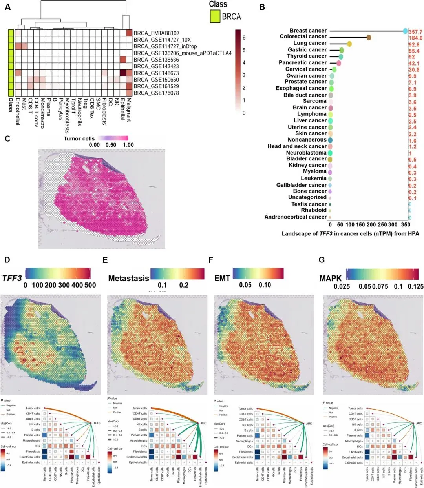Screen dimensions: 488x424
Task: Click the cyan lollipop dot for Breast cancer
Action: (405, 31)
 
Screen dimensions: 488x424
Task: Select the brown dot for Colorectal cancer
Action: (369, 37)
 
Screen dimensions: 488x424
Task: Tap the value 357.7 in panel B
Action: (415, 32)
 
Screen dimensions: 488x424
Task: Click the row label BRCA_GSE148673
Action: (156, 73)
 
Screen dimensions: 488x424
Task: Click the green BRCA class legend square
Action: (214, 16)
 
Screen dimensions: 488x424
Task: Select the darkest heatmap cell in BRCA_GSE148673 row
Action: (122, 73)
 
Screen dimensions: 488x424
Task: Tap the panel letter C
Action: (7, 138)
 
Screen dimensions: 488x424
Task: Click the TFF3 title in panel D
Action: (12, 279)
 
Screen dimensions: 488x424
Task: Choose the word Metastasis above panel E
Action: (128, 278)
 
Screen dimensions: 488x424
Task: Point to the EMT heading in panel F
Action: (222, 279)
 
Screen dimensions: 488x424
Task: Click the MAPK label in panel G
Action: (331, 279)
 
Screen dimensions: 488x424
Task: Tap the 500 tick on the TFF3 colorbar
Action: (90, 285)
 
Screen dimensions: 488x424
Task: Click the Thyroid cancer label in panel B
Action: (307, 56)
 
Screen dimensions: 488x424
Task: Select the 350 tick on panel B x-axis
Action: (406, 225)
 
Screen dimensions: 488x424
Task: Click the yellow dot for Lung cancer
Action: (349, 44)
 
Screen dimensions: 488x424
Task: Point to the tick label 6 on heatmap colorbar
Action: (244, 38)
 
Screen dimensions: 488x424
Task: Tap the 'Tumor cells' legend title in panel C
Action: (79, 138)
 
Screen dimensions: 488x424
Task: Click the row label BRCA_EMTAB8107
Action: (156, 33)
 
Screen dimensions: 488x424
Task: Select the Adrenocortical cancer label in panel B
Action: (295, 217)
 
